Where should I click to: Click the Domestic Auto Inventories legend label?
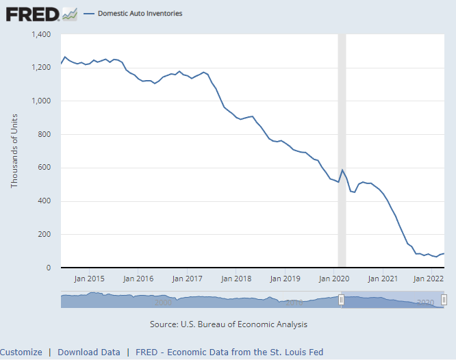pos(140,13)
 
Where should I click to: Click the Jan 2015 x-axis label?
pos(90,279)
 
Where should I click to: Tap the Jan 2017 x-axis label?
pos(187,279)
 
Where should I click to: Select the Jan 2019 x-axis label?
pos(285,279)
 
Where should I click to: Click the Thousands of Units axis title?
pos(14,151)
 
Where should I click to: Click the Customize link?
pos(21,352)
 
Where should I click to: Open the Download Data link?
pos(89,352)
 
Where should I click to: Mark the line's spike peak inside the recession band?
pos(342,170)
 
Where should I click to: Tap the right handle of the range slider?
pos(444,300)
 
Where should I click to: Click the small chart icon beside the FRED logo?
pos(69,13)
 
